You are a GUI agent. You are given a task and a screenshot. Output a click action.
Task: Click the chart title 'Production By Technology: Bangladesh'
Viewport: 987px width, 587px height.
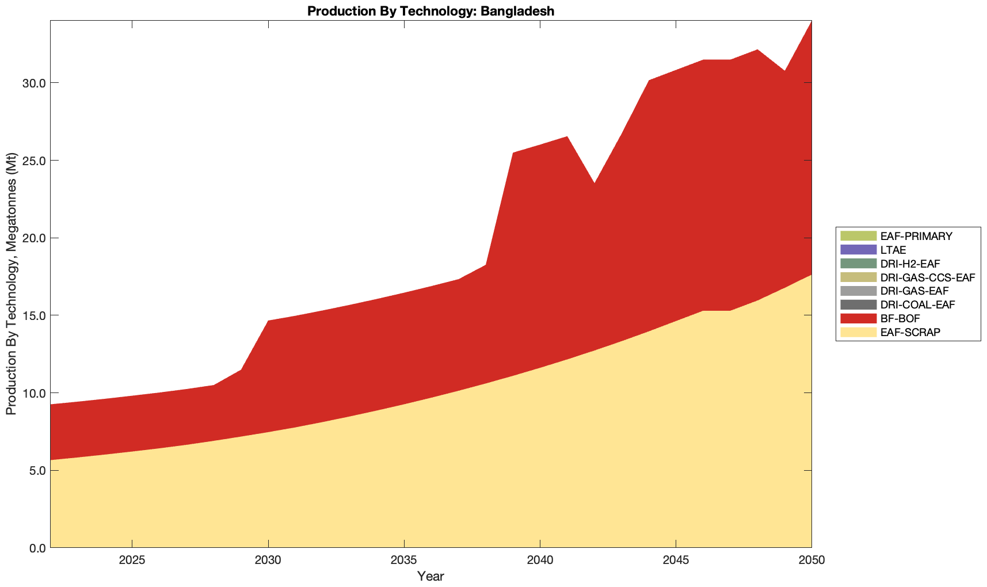coord(430,11)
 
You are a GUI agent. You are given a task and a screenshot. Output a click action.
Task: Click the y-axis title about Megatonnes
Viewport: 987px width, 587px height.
coord(11,284)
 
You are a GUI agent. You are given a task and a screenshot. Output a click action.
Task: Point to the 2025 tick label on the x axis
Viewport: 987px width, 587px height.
coord(132,561)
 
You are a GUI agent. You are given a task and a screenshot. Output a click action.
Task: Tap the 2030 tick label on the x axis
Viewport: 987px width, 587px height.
coord(268,561)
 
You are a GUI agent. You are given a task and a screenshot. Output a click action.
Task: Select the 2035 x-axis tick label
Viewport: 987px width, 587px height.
coord(404,561)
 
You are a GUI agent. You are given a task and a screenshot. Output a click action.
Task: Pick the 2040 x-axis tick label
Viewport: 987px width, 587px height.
coord(540,561)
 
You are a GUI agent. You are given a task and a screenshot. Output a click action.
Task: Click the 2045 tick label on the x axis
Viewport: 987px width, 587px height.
coord(676,561)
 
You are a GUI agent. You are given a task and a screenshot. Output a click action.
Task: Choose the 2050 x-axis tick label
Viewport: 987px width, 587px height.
coord(811,561)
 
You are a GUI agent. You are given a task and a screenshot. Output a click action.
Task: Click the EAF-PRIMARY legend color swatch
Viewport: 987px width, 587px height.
coord(858,236)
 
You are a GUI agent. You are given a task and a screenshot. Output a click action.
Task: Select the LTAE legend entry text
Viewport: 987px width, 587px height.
coord(893,250)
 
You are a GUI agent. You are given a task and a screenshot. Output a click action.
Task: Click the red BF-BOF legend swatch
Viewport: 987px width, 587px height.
coord(858,318)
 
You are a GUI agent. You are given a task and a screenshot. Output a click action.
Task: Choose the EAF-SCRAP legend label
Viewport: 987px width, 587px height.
coord(910,332)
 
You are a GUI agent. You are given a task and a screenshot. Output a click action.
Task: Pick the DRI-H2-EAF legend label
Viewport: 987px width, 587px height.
coord(910,264)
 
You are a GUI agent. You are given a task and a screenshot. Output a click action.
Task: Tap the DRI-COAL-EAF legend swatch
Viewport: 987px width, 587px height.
coord(858,304)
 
